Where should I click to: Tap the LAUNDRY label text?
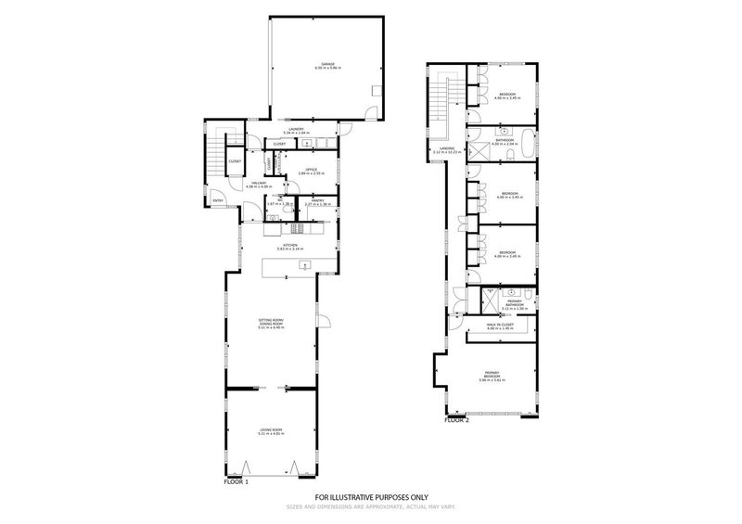click(x=297, y=129)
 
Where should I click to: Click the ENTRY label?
click(x=218, y=200)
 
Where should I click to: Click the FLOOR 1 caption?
click(x=237, y=483)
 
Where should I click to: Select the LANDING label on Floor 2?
click(x=446, y=148)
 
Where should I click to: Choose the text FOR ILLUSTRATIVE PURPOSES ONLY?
click(x=370, y=497)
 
